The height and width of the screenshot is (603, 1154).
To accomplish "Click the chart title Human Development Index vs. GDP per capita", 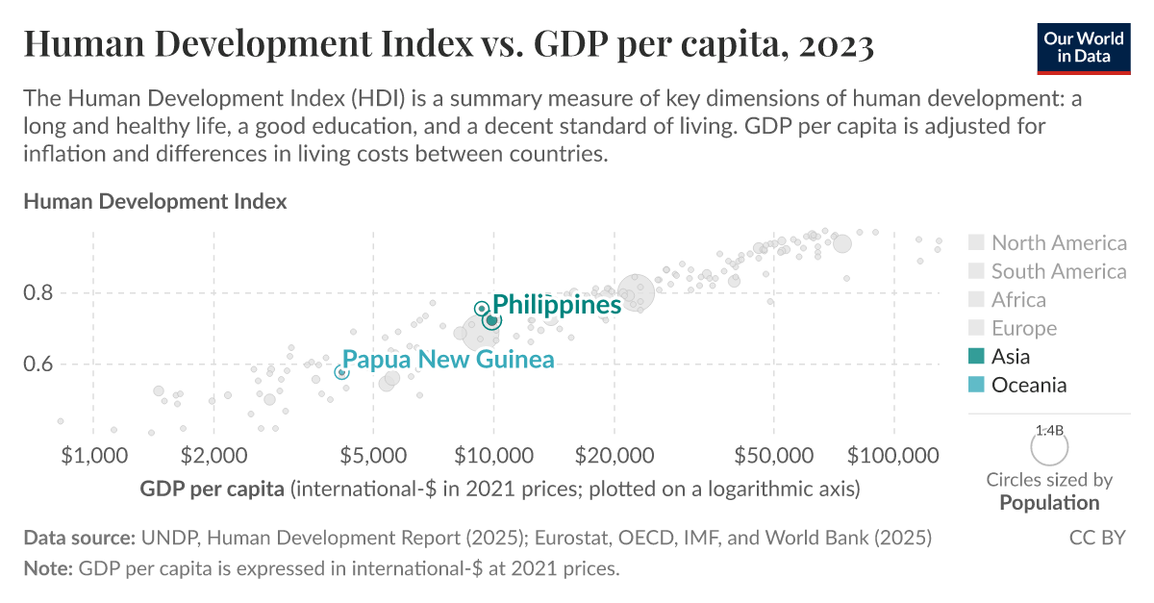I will [x=448, y=44].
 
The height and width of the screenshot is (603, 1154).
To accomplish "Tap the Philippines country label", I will [x=557, y=305].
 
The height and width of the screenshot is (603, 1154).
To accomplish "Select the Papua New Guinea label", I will [x=448, y=360].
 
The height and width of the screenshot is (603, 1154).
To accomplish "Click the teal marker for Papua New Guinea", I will [x=341, y=371].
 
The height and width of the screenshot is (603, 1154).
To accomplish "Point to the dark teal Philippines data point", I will [x=491, y=319].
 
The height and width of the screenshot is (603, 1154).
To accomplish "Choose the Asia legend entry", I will [x=1010, y=357].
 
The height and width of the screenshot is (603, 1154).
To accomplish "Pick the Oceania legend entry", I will [x=1028, y=385].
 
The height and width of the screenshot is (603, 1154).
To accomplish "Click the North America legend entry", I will [x=1058, y=243].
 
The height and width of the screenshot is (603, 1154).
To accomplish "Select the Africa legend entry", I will [x=1018, y=300].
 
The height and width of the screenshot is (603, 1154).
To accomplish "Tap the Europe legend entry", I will [x=1023, y=329].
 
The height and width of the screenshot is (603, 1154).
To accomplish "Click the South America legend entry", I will [x=1058, y=271].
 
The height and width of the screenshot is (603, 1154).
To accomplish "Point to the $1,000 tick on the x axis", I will [x=92, y=454].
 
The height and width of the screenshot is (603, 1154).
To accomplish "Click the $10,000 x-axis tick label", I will [x=493, y=454].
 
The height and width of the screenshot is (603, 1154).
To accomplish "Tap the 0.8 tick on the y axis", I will [x=41, y=292].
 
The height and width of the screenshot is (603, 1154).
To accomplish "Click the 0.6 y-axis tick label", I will [x=41, y=364].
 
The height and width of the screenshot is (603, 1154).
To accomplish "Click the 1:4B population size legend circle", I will [x=1049, y=447].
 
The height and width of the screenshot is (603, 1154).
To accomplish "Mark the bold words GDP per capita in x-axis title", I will [x=212, y=489].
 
